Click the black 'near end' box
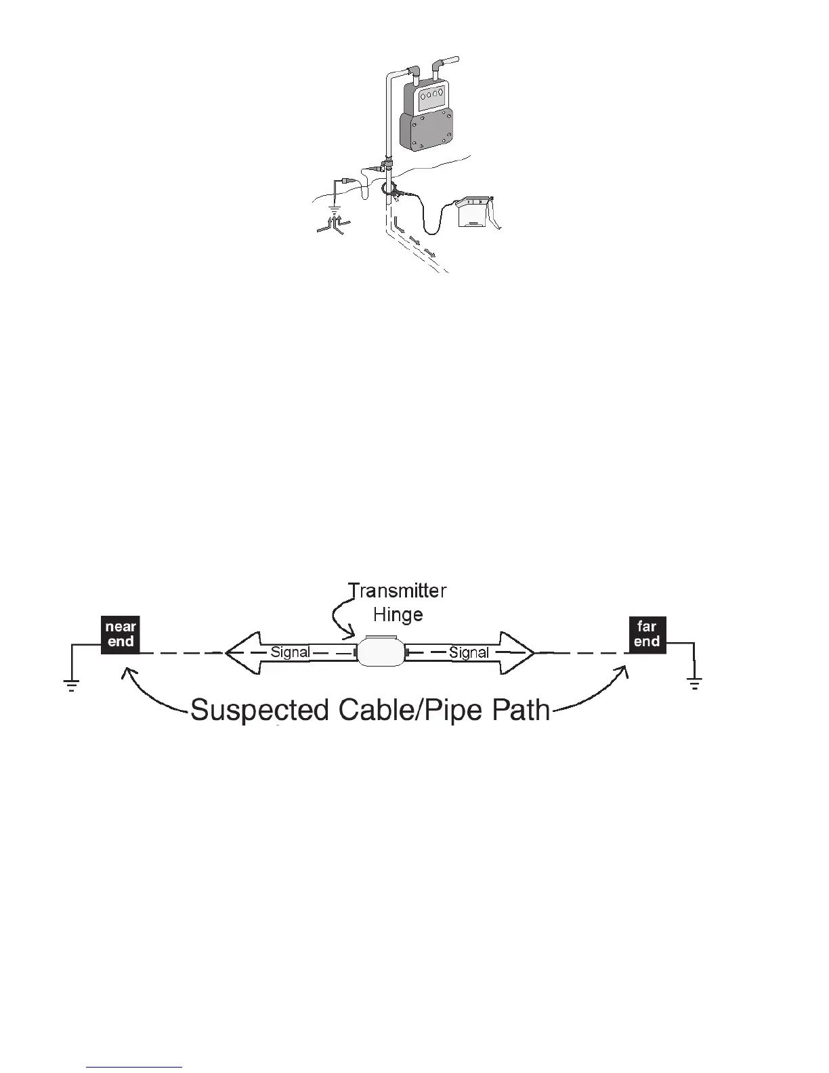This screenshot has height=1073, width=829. [x=121, y=634]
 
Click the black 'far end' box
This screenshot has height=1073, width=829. [x=647, y=634]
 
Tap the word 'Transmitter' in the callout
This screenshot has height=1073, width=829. [x=398, y=591]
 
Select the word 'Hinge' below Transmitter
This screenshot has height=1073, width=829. [x=398, y=615]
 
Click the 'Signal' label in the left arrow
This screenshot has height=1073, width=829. [x=290, y=652]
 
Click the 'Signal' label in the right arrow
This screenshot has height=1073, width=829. [x=469, y=652]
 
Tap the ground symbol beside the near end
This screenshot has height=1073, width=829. [x=72, y=684]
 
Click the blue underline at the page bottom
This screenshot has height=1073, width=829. [x=134, y=1067]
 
